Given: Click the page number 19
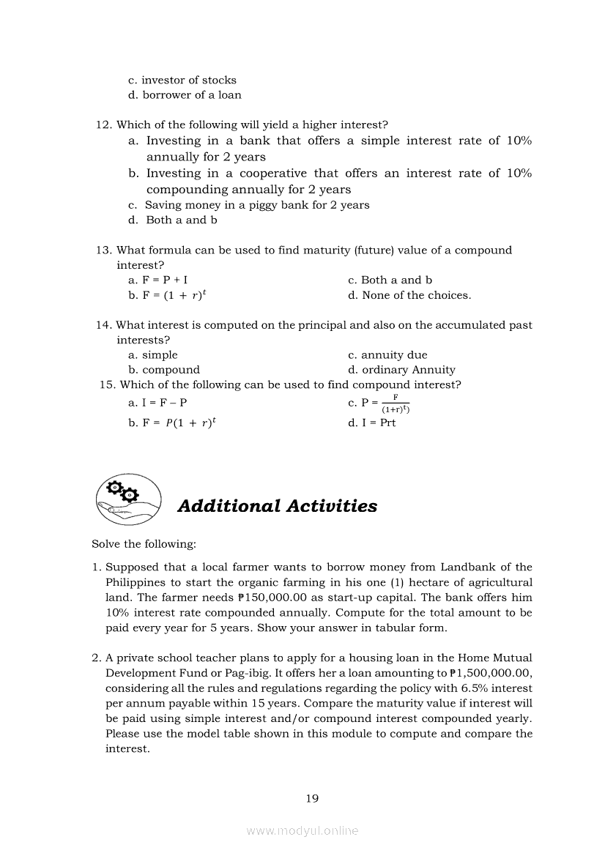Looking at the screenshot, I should pos(312,798).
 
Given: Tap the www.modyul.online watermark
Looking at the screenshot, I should pos(302,830).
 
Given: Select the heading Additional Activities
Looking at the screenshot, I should pos(277,506).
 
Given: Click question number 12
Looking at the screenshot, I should pos(103,125).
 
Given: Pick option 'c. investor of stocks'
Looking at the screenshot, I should pos(182,80).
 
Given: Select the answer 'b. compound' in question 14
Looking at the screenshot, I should pos(164,370).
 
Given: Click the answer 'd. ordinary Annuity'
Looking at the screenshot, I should pos(401,370).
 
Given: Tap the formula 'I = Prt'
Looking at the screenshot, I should pos(379,423).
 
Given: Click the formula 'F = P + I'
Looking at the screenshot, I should pos(153,280).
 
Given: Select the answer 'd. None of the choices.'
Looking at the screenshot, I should pos(409,295).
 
